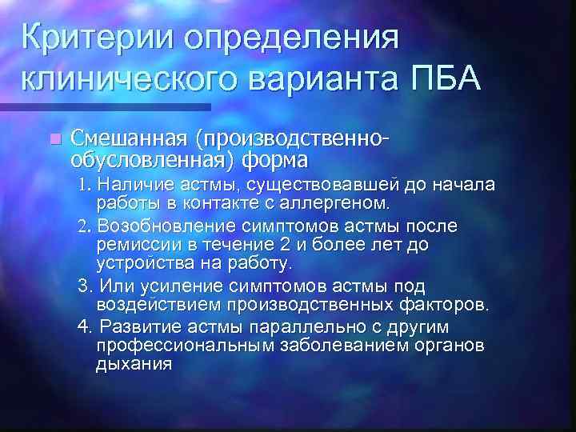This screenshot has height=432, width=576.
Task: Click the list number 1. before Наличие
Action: tap(87, 186)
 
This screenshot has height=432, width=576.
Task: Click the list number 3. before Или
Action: tap(84, 286)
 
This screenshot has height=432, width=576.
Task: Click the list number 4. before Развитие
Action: tap(84, 328)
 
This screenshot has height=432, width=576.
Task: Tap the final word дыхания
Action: tap(134, 364)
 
